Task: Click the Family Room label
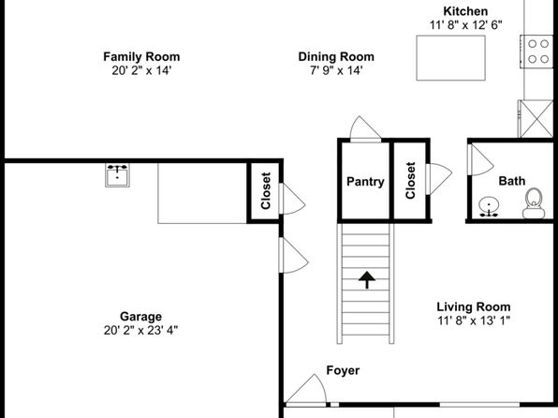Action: [x=141, y=56]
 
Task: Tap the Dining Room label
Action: [x=336, y=56]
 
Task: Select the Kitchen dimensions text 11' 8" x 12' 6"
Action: [x=465, y=25]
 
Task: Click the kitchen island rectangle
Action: [x=451, y=58]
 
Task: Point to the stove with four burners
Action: [x=537, y=52]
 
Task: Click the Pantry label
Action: [x=365, y=182]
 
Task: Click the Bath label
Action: [x=512, y=181]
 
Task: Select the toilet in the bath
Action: [x=534, y=203]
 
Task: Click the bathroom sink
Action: [x=489, y=207]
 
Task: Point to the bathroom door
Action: [x=481, y=160]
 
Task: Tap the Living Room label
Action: [x=474, y=306]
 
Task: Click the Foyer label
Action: [x=343, y=370]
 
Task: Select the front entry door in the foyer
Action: [x=306, y=390]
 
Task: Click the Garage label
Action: [x=141, y=317]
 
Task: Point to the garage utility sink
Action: [x=117, y=175]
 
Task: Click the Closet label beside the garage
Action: [x=266, y=190]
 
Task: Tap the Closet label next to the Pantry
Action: [x=410, y=180]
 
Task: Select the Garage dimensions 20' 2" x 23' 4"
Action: [x=141, y=330]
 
